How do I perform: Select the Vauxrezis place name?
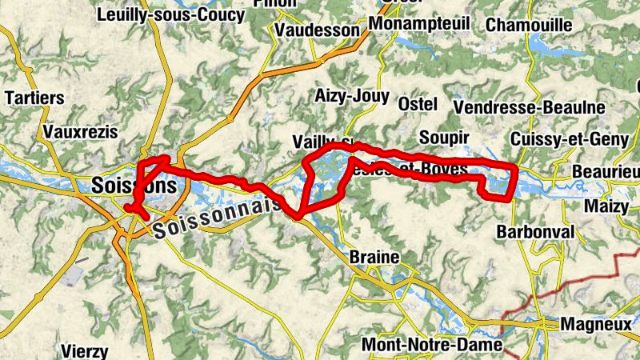coord(81,131)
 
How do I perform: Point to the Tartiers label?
coord(34,98)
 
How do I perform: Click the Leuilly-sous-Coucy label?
coord(170,14)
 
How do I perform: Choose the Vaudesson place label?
coord(317,30)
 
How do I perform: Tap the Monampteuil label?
coord(420,25)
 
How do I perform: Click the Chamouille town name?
coord(529,25)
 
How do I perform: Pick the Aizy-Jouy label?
coord(352,98)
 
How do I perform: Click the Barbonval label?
coord(536,232)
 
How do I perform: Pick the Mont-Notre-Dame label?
coord(432,345)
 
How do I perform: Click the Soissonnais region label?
coord(217,219)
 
